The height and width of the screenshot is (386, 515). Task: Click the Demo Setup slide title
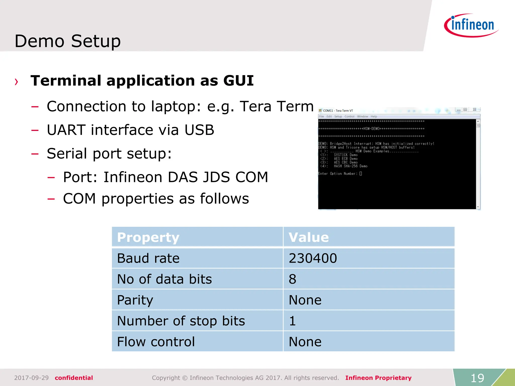[68, 41]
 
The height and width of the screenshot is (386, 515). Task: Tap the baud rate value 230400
[313, 258]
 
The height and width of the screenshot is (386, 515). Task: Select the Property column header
[148, 237]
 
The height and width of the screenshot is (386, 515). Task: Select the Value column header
[309, 237]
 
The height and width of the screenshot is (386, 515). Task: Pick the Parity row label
[135, 300]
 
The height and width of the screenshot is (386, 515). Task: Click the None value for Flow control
[305, 342]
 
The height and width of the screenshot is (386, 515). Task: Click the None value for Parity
[305, 300]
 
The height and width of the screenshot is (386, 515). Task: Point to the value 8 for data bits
[292, 279]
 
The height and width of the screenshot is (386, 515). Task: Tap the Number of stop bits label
[181, 321]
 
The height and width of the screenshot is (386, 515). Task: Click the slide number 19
[477, 378]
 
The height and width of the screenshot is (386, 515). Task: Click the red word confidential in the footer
[74, 378]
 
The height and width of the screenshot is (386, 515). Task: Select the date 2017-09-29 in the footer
[31, 378]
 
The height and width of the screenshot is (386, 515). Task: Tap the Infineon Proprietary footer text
[378, 378]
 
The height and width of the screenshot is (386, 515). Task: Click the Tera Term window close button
[475, 110]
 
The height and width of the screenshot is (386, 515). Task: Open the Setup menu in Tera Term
[338, 117]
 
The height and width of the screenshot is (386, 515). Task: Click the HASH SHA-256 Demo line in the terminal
[350, 166]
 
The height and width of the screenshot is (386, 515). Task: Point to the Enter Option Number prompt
[337, 174]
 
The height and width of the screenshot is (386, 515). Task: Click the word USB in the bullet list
[199, 130]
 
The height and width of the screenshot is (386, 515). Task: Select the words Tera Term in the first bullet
[277, 106]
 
